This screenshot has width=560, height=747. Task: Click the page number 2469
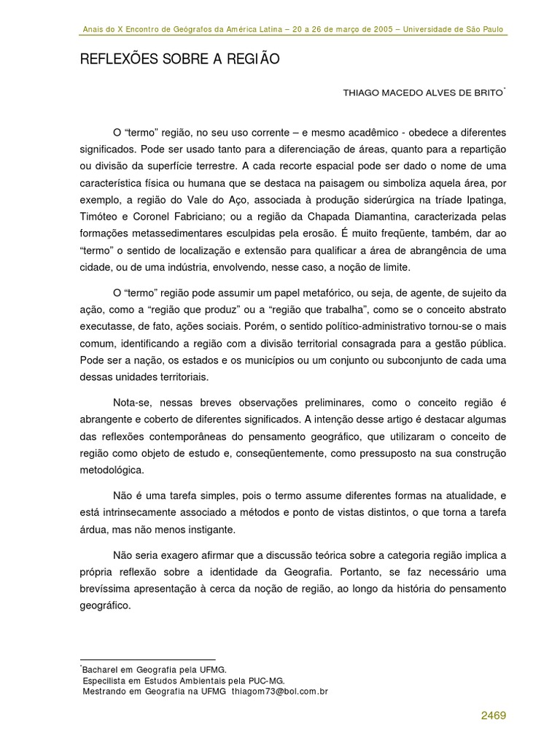click(493, 716)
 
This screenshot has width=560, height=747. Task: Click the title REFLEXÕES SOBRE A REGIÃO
click(179, 60)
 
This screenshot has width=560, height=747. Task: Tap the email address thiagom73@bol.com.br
click(280, 692)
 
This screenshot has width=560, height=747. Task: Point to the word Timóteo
click(101, 217)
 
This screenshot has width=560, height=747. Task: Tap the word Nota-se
click(133, 403)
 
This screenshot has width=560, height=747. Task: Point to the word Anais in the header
click(93, 30)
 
